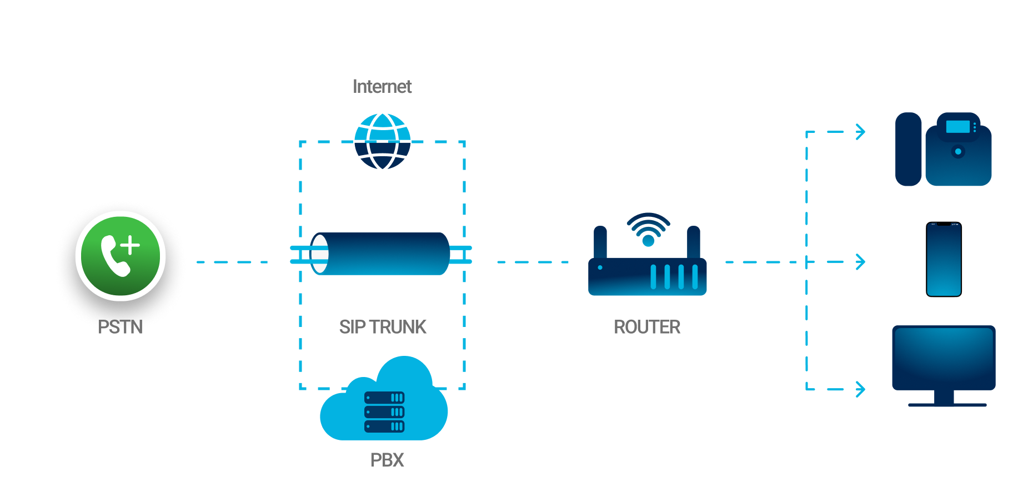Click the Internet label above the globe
tap(382, 87)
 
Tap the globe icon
tap(382, 141)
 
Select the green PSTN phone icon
tap(121, 256)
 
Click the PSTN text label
tap(121, 326)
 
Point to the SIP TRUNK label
tap(383, 327)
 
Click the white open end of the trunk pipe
tap(319, 254)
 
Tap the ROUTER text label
tap(647, 327)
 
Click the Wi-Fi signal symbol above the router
tap(648, 229)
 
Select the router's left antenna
tap(600, 242)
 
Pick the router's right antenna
tap(693, 242)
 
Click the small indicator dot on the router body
tap(600, 267)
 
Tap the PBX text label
tap(387, 460)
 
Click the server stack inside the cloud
tap(384, 412)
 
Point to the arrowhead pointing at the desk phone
tap(860, 132)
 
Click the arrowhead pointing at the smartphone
tap(860, 261)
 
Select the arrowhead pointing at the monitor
tap(860, 389)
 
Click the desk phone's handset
tap(909, 149)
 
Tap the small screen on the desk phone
tap(957, 127)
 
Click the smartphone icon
tap(944, 259)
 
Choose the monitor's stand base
tap(947, 405)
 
